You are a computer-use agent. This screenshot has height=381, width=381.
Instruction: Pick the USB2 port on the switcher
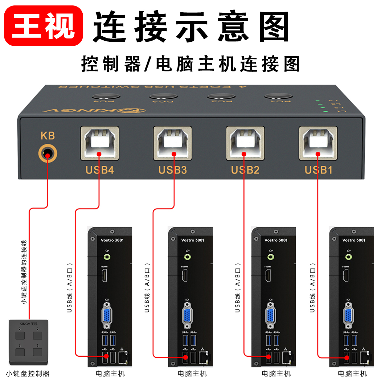point(245,143)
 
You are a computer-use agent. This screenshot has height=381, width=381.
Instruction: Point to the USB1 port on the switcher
point(318,143)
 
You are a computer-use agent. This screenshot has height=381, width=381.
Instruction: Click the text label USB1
point(318,169)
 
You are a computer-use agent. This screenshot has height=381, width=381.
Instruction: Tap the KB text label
point(48,136)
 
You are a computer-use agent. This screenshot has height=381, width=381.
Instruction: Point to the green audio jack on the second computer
point(187,257)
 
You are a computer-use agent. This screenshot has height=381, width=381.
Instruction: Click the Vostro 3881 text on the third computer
point(276,240)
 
